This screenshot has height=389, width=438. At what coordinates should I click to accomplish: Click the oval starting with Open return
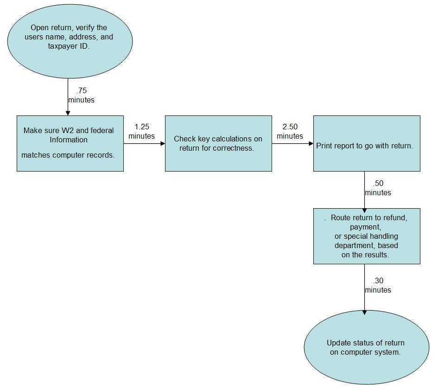(70, 38)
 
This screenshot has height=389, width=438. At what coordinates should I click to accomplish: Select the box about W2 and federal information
(70, 143)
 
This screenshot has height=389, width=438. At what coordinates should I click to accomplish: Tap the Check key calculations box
(218, 143)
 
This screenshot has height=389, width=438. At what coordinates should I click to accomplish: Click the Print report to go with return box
(367, 143)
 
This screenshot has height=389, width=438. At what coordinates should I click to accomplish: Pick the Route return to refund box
(367, 236)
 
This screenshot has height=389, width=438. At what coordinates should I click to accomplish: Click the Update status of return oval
(367, 347)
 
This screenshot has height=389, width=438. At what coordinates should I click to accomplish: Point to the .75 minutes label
(81, 95)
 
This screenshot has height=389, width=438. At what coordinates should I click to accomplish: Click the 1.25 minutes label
(141, 131)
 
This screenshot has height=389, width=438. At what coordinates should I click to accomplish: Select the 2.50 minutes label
(290, 131)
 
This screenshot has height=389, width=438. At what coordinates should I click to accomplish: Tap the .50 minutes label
(378, 188)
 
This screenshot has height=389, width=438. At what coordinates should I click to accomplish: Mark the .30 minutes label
(378, 285)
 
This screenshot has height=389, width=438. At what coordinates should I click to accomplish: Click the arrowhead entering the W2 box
(68, 113)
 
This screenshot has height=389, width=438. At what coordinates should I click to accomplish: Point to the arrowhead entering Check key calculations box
(162, 143)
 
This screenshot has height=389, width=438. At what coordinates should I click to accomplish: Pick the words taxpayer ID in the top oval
(69, 46)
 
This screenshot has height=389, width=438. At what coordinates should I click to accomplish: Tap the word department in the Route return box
(352, 245)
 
